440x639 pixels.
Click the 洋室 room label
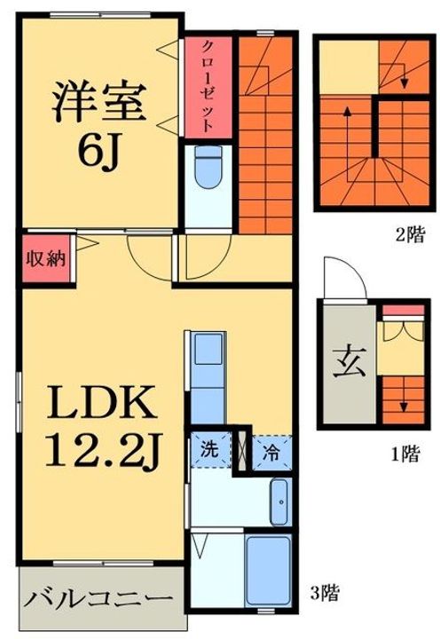(x=99, y=101)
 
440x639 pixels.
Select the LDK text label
(x=102, y=403)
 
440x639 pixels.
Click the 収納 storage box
(x=46, y=259)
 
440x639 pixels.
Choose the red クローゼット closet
(x=208, y=87)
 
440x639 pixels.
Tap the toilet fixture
(x=208, y=167)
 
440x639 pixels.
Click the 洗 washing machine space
(x=210, y=451)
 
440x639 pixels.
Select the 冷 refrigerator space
(x=271, y=453)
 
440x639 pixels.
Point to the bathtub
(x=268, y=571)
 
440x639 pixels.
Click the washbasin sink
(x=279, y=502)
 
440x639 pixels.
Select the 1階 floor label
(x=405, y=454)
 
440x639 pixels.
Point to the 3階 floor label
(x=325, y=593)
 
